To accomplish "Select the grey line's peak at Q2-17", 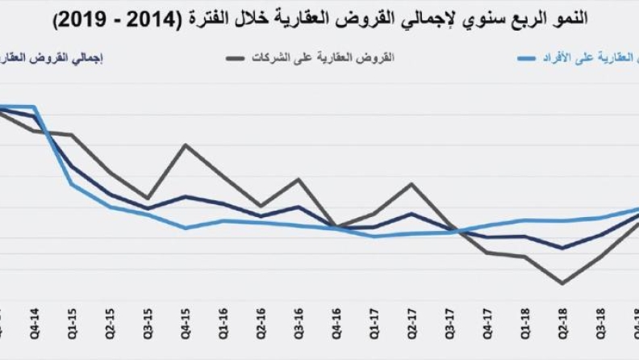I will click(x=412, y=184).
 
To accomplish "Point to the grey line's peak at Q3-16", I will click(x=299, y=179).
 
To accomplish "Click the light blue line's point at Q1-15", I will click(x=72, y=184).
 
